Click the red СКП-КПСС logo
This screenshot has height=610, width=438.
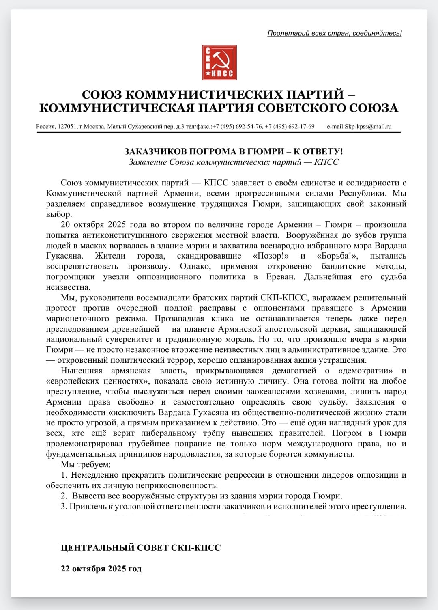tap(219, 63)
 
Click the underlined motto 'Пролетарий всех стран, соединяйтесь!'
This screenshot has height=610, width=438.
tap(334, 33)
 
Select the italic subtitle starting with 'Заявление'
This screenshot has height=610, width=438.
tap(234, 162)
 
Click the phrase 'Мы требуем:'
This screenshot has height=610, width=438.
tap(86, 464)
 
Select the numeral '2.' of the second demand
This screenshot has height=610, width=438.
tap(64, 496)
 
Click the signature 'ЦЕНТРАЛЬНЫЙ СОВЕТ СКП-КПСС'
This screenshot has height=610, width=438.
tap(141, 547)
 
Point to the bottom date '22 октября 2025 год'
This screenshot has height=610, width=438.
tap(101, 569)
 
